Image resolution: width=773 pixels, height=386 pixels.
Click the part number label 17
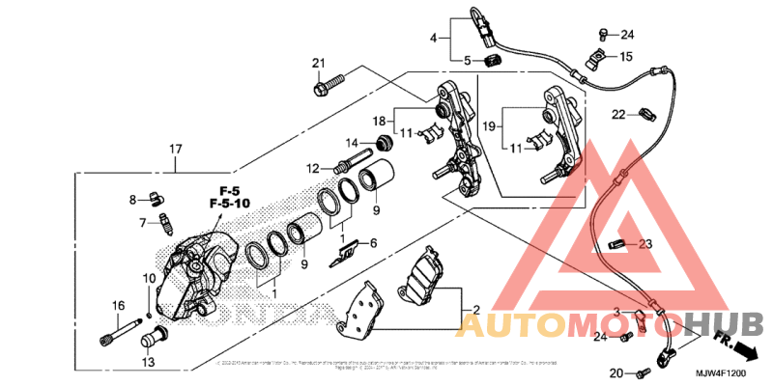[175, 149]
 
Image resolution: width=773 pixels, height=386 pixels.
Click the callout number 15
[626, 56]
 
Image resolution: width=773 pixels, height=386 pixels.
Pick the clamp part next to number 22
[639, 116]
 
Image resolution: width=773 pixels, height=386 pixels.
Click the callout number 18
[381, 121]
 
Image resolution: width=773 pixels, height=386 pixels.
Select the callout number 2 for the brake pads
[474, 311]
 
